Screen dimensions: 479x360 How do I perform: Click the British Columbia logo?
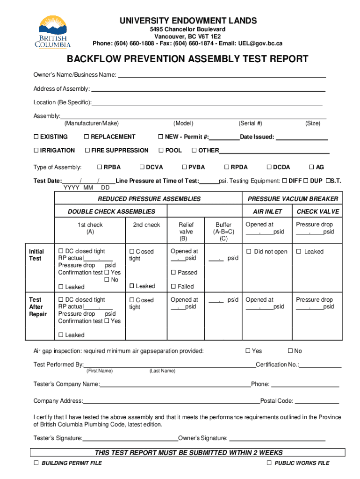coord(53,32)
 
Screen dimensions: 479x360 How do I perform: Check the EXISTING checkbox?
coord(36,137)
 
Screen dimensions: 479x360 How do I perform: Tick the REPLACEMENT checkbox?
coord(86,137)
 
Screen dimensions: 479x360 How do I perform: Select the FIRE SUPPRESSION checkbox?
coord(87,151)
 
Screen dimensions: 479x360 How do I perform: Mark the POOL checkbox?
coord(161,151)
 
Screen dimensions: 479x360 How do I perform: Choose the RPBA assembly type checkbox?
coord(99,167)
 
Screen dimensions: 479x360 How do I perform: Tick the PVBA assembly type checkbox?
coord(184,167)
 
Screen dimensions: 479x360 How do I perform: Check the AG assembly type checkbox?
coord(311,167)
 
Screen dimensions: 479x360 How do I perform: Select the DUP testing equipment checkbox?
coord(306,181)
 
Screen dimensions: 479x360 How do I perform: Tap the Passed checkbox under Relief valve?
coord(173,272)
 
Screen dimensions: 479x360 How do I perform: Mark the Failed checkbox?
coord(173,286)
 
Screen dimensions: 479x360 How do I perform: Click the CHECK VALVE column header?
coord(317,211)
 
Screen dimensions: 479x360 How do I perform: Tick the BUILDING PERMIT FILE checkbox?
coord(36,463)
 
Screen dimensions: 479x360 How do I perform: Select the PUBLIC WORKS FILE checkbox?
coord(269,463)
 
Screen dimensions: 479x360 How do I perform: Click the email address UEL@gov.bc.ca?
coord(259,44)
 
